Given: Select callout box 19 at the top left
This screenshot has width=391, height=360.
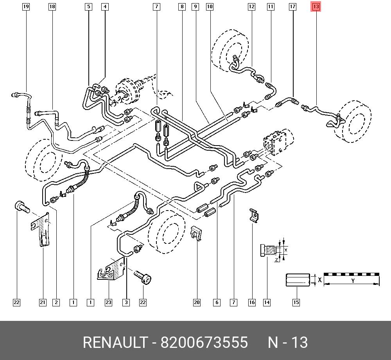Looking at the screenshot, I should pyautogui.click(x=26, y=7).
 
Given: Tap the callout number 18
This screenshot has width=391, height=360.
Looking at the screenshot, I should pyautogui.click(x=52, y=7).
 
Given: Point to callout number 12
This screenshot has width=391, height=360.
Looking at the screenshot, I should pyautogui.click(x=251, y=7).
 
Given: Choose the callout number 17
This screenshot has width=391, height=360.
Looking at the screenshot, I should pyautogui.click(x=292, y=7).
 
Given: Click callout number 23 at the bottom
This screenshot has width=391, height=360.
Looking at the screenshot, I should pyautogui.click(x=108, y=302).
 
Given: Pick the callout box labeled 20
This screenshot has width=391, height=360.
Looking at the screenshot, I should pyautogui.click(x=197, y=302).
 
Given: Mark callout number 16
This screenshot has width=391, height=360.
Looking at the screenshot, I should pyautogui.click(x=252, y=302).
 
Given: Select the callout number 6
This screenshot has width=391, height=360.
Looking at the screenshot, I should pyautogui.click(x=217, y=302).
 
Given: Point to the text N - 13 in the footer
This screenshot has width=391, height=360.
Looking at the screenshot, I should pyautogui.click(x=288, y=343).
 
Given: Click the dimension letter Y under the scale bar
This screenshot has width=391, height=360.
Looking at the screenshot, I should pyautogui.click(x=352, y=281).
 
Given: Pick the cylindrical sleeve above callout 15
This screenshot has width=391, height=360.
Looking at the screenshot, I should pyautogui.click(x=297, y=280).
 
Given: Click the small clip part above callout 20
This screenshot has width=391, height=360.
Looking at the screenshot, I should pyautogui.click(x=196, y=234).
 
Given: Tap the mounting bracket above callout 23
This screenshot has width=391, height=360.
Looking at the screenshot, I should pyautogui.click(x=111, y=270).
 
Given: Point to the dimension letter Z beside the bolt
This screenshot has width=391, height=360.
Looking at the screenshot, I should pyautogui.click(x=276, y=260).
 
